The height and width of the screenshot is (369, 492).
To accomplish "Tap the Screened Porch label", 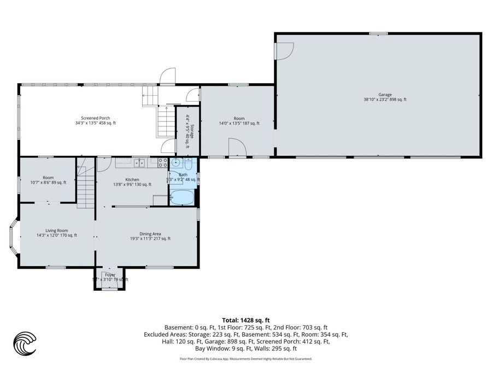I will pos(96,120).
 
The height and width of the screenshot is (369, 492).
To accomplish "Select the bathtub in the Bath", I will pos(182,197).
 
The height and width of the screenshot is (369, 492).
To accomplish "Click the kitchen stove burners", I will pos(162,162).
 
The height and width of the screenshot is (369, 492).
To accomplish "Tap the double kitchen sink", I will pos(140,162).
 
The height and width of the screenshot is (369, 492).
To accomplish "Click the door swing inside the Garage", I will pos(283,51).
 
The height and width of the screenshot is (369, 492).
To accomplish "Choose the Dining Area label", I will pos(150,236).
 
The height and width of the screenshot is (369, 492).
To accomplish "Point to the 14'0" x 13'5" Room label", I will pos(239,121).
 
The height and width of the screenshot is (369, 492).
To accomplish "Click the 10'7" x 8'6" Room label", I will pos(48,180).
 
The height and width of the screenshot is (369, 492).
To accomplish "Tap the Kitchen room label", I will pos(132,182).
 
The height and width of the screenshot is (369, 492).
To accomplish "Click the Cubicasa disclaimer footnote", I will pos(245,359).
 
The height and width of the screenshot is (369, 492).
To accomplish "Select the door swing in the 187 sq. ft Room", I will pos(236,148).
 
